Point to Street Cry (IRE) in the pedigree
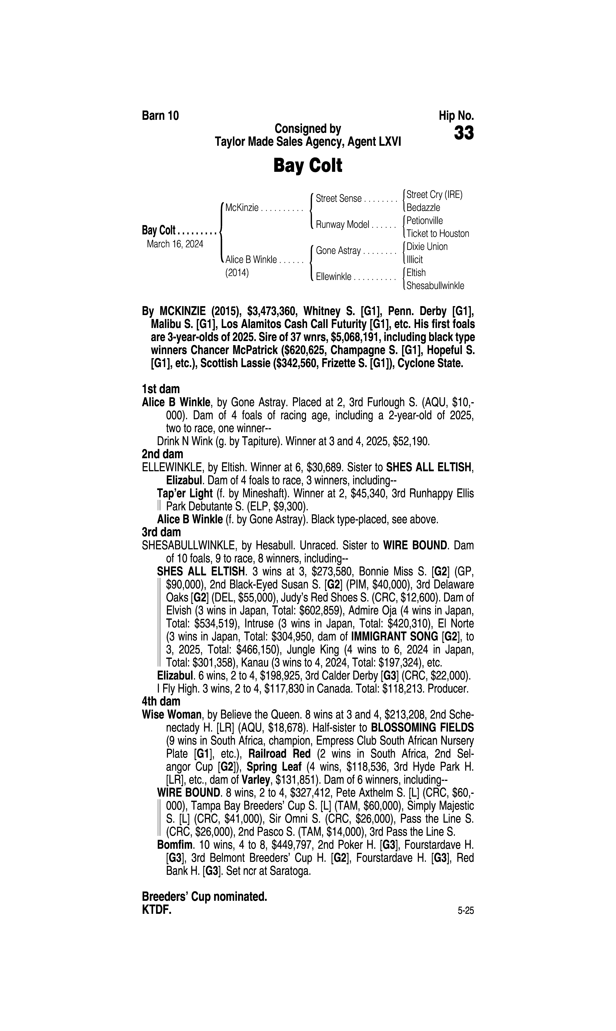tap(434, 194)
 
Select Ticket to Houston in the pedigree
tap(438, 233)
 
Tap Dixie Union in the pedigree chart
tap(427, 247)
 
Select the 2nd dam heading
tap(162, 454)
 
